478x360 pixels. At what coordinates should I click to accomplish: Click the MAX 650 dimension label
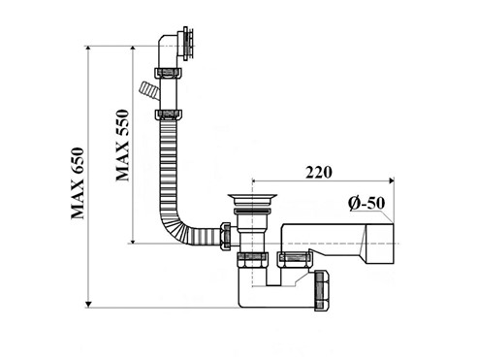(x=78, y=183)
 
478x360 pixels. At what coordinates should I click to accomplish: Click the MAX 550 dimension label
(x=123, y=146)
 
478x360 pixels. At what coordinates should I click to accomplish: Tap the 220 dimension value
(x=319, y=173)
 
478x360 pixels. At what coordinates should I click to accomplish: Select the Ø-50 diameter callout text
(x=366, y=204)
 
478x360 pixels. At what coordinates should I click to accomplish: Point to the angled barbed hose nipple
(x=148, y=91)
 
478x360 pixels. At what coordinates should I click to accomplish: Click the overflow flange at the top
(x=188, y=44)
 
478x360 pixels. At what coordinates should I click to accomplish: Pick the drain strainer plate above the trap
(x=252, y=196)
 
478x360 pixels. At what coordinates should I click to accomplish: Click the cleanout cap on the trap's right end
(x=322, y=292)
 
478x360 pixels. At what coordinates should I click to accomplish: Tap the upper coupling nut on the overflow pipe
(x=168, y=73)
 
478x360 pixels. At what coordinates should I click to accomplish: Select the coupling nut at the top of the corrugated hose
(x=168, y=115)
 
